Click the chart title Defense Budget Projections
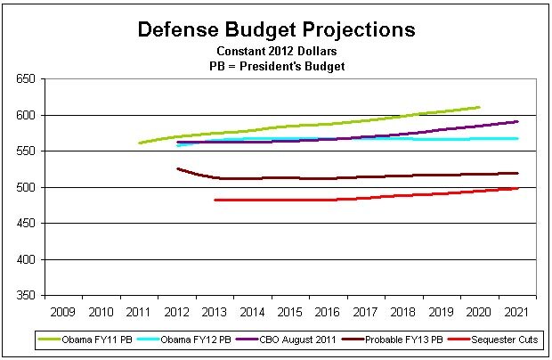point(276,29)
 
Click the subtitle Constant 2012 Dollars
point(276,51)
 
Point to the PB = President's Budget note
point(276,65)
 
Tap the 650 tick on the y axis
point(25,79)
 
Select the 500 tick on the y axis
point(25,187)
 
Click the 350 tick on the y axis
point(25,295)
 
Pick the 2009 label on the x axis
point(62,312)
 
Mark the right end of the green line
point(479,107)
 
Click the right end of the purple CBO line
point(517,121)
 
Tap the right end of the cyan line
point(517,138)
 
